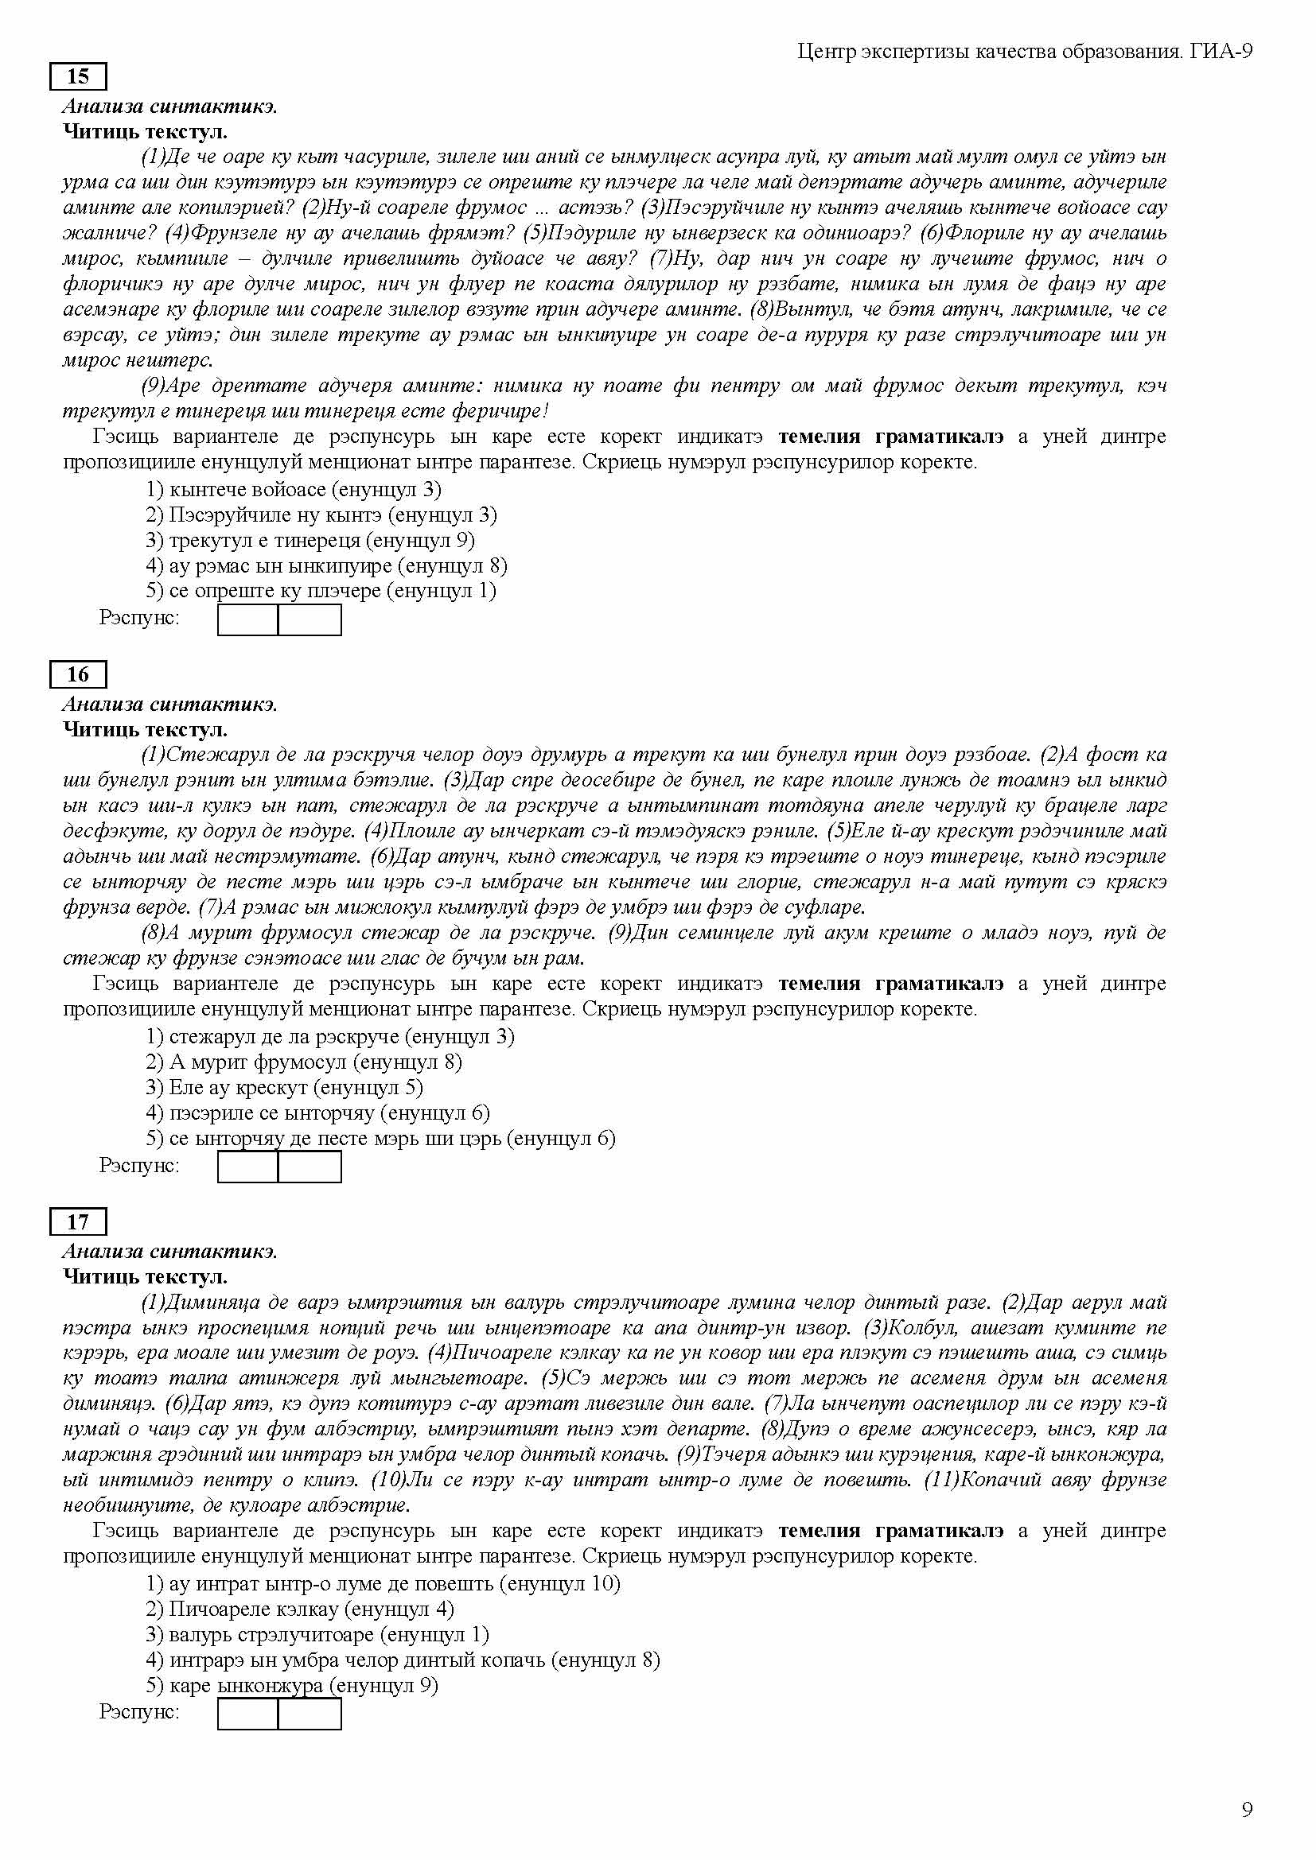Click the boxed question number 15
click(78, 77)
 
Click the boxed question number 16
click(78, 674)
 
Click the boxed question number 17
click(78, 1221)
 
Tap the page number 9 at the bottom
click(1247, 1809)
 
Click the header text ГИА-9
click(1222, 52)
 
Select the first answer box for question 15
click(248, 619)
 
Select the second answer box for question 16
click(310, 1167)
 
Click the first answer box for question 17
click(248, 1714)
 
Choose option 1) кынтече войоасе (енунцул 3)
click(294, 489)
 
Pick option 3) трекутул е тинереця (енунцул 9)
click(310, 540)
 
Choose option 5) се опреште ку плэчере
click(321, 591)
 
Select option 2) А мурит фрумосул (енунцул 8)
click(304, 1062)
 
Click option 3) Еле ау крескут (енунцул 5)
click(284, 1087)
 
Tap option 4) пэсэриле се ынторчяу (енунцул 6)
click(317, 1113)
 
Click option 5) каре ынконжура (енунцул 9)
click(292, 1686)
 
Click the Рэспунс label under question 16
click(139, 1165)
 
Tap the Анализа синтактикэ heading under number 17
click(170, 1252)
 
